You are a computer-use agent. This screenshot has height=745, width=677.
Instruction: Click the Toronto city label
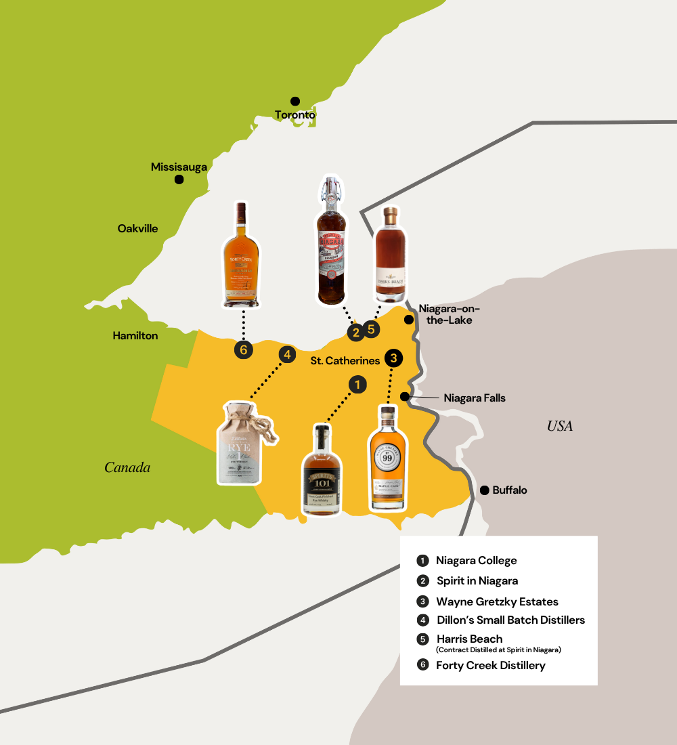pos(295,115)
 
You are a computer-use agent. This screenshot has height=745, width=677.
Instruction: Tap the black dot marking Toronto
pos(295,101)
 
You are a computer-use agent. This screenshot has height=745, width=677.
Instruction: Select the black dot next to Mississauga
pos(179,179)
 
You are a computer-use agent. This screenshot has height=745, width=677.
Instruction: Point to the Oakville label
pos(137,229)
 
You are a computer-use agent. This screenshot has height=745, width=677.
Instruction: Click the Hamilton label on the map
pos(135,336)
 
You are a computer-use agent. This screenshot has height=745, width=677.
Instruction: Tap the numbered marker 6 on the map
pos(243,349)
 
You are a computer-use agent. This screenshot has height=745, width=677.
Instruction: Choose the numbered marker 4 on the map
pos(287,354)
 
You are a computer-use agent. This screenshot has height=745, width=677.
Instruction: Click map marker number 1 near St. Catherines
pos(357,385)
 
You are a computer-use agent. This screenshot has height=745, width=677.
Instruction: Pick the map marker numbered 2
pos(355,332)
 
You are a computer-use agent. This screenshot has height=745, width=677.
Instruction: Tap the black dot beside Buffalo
pos(484,490)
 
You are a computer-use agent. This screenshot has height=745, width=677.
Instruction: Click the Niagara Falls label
pos(475,398)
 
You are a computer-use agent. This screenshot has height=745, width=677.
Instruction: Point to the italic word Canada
pos(127,467)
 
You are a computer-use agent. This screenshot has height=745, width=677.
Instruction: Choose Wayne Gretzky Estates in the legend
pos(497,601)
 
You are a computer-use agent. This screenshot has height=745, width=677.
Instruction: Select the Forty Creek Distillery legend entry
pos(491,666)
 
